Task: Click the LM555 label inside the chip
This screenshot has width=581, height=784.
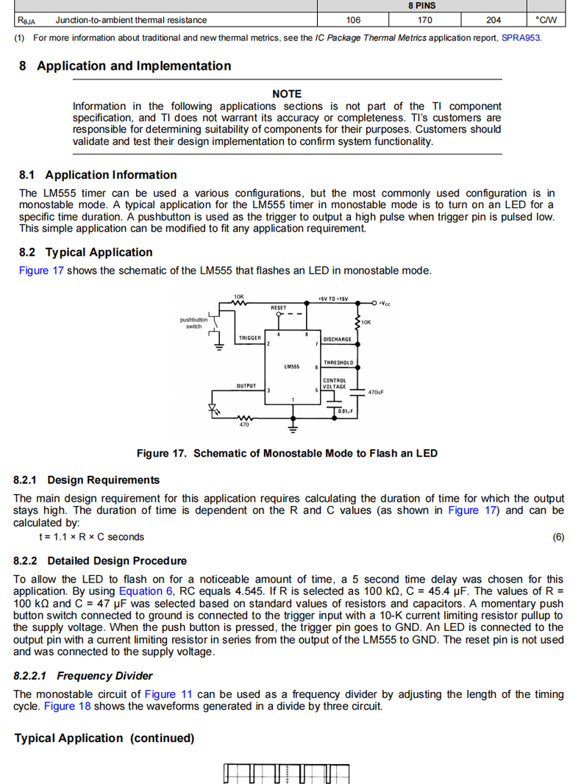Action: tap(292, 366)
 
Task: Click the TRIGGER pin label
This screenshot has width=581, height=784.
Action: tap(250, 338)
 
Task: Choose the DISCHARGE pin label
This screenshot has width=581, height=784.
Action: tap(338, 339)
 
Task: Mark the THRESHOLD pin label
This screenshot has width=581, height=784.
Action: tap(338, 363)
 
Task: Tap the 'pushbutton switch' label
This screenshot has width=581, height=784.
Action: tap(193, 323)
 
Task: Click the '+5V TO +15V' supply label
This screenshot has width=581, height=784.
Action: tap(333, 299)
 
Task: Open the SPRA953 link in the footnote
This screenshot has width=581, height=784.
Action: tap(521, 38)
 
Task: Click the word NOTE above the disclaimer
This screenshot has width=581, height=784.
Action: tap(287, 93)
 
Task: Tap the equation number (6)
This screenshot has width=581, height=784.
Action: tap(558, 537)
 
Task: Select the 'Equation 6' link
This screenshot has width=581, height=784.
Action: tap(146, 591)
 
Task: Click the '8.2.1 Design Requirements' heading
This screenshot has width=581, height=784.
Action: tap(86, 480)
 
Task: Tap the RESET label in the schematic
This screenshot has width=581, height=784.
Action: tap(279, 307)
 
